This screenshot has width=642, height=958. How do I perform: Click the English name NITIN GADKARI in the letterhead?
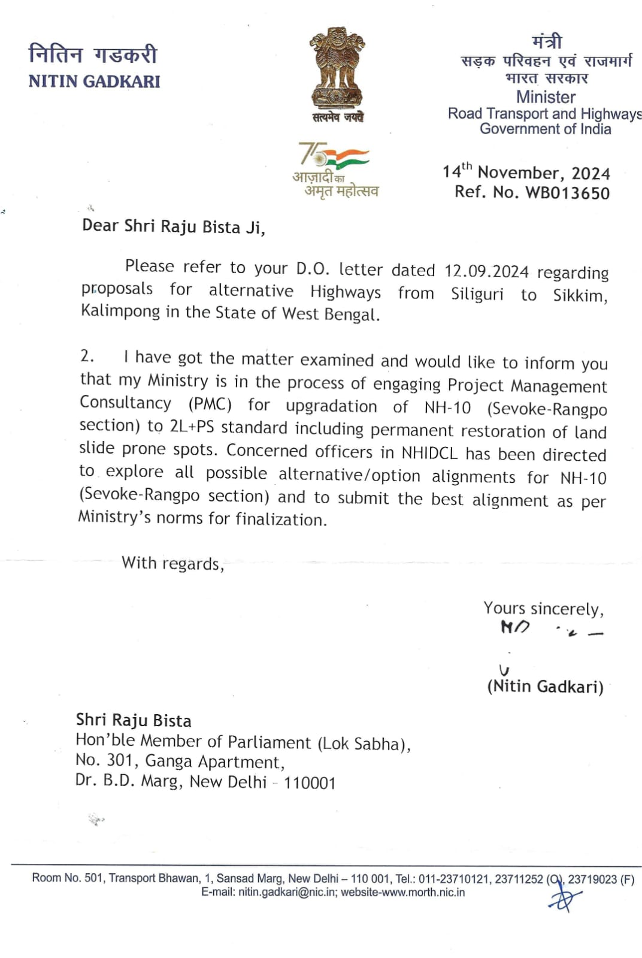pos(95,81)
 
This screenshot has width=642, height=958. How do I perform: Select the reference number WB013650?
pos(567,193)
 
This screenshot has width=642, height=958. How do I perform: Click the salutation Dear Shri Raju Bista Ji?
pos(173,226)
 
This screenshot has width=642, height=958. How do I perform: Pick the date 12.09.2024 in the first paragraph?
pos(486,271)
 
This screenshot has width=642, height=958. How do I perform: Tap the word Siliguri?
pos(477,294)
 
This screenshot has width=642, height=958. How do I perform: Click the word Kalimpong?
pos(120,311)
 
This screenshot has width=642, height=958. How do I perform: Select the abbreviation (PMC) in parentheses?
pos(210,404)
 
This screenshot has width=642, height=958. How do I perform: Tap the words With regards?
pos(172,563)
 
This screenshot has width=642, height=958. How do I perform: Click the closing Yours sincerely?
pos(543,609)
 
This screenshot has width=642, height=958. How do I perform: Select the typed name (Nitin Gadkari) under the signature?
pos(545,687)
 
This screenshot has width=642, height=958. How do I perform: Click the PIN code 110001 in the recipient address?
pos(310,782)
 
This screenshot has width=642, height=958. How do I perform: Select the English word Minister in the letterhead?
pos(546,97)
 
